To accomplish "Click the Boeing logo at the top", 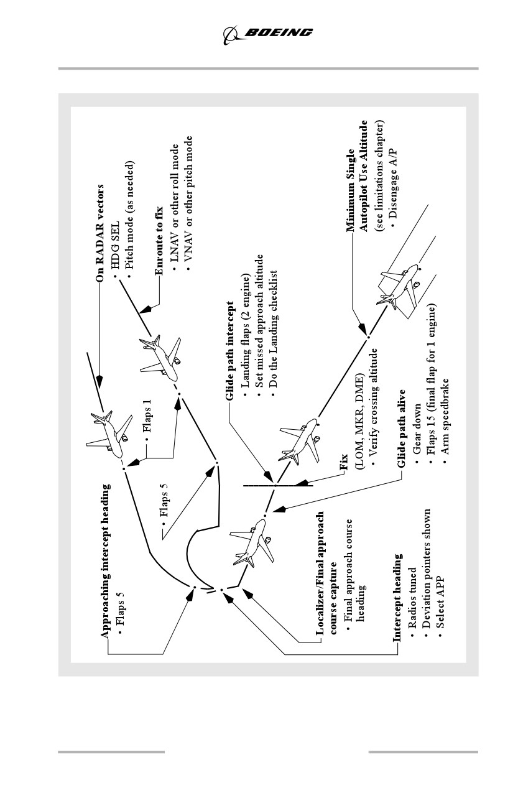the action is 267,35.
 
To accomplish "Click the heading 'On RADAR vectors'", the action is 100,233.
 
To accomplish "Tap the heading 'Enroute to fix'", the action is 159,240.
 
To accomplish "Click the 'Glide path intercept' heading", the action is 230,351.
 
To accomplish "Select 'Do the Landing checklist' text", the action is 274,334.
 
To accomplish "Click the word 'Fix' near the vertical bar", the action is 343,461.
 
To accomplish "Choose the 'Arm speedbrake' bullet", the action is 445,421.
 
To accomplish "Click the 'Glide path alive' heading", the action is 402,429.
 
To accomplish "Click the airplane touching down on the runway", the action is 399,286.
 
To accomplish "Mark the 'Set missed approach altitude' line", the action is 259,325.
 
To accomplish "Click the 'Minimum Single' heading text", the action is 350,190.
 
